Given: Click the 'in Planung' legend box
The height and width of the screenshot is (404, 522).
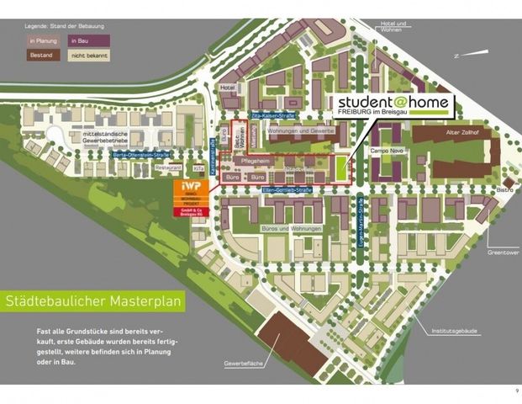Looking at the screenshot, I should click(42, 40).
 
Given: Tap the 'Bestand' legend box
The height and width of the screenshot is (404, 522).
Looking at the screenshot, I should click(42, 55).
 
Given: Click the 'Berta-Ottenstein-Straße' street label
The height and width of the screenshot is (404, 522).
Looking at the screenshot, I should click(141, 155).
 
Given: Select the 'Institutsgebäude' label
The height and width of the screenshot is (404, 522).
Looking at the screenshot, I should click(451, 331).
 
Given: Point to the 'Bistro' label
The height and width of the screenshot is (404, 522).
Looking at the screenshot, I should click(504, 191).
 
